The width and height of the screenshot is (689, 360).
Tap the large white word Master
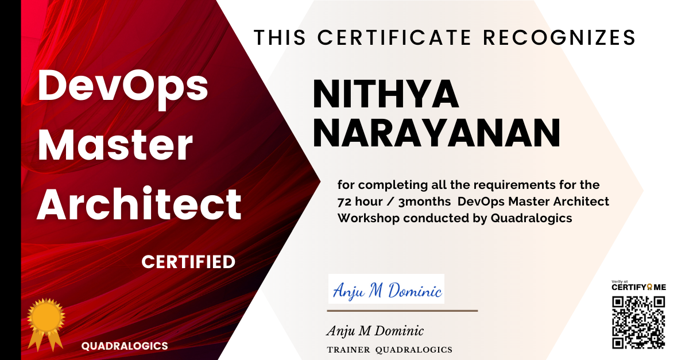[115, 145]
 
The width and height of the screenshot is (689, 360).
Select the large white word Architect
[139, 204]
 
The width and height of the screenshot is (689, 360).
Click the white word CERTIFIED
[188, 262]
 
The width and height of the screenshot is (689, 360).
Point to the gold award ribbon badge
[46, 324]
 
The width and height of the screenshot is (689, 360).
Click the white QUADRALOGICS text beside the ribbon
[125, 346]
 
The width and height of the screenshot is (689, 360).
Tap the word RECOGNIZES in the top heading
[559, 37]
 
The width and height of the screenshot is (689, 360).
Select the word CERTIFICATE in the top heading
[394, 37]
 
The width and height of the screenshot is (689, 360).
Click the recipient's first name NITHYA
[386, 94]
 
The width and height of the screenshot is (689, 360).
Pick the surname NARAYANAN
[436, 133]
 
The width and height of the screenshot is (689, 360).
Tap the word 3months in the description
[424, 202]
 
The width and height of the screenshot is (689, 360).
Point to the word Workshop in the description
[368, 218]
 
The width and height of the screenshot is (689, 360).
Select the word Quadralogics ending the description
[531, 218]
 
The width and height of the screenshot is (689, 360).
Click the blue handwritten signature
[387, 290]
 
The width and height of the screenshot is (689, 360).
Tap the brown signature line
[402, 311]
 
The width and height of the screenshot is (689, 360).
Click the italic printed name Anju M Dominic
[375, 331]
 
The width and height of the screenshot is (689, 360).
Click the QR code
[638, 323]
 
